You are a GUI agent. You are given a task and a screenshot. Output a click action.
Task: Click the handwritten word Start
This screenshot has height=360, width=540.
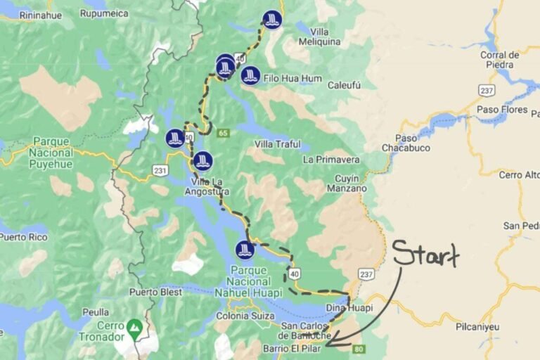point(425,255)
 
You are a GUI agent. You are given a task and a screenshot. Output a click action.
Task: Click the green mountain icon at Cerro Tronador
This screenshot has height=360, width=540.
point(134,326)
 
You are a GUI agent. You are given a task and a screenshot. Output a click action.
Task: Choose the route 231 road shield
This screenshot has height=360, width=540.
point(160,170)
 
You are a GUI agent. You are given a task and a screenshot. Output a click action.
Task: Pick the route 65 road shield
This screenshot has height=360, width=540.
point(224,133)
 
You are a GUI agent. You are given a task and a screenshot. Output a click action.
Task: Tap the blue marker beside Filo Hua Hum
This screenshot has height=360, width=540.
point(250,75)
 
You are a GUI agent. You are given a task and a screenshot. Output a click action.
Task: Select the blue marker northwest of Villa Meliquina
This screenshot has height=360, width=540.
point(272,20)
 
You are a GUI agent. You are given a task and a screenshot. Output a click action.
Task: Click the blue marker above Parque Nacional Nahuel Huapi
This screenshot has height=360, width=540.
point(245,250)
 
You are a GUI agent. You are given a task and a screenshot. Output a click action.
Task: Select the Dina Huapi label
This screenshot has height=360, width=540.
point(349,308)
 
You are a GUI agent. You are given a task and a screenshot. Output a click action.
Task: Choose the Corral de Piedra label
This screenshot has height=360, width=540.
point(499,60)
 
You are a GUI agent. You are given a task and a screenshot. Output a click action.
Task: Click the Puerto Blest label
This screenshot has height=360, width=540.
point(151,291)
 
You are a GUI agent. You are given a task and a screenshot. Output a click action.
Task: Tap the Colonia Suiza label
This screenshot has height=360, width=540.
point(245,316)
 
